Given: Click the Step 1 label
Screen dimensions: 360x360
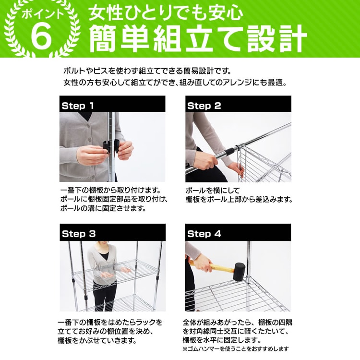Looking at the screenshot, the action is [x=78, y=106].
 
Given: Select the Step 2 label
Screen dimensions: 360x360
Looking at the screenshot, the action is [x=204, y=106].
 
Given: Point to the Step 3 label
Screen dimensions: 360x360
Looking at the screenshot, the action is [x=79, y=234].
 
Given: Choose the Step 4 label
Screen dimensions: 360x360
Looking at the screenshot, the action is [x=204, y=234].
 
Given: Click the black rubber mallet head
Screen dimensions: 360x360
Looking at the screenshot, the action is [x=239, y=272].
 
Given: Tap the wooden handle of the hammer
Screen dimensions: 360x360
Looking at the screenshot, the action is [x=220, y=267].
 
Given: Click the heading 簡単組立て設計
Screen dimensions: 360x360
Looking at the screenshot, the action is [x=198, y=38].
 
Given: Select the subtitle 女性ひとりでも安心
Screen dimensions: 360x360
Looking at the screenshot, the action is [x=166, y=12].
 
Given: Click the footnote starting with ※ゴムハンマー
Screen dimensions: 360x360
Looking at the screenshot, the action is [x=236, y=349].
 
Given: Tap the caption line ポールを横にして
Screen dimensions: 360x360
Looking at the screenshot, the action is [x=212, y=191].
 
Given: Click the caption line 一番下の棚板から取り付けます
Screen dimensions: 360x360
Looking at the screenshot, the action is [x=111, y=191].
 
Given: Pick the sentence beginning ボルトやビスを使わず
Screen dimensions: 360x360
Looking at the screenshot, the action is [x=147, y=71].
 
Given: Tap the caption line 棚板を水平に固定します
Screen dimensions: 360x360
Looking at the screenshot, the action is [x=222, y=340].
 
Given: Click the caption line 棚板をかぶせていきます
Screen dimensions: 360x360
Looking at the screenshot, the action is [x=97, y=340].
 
